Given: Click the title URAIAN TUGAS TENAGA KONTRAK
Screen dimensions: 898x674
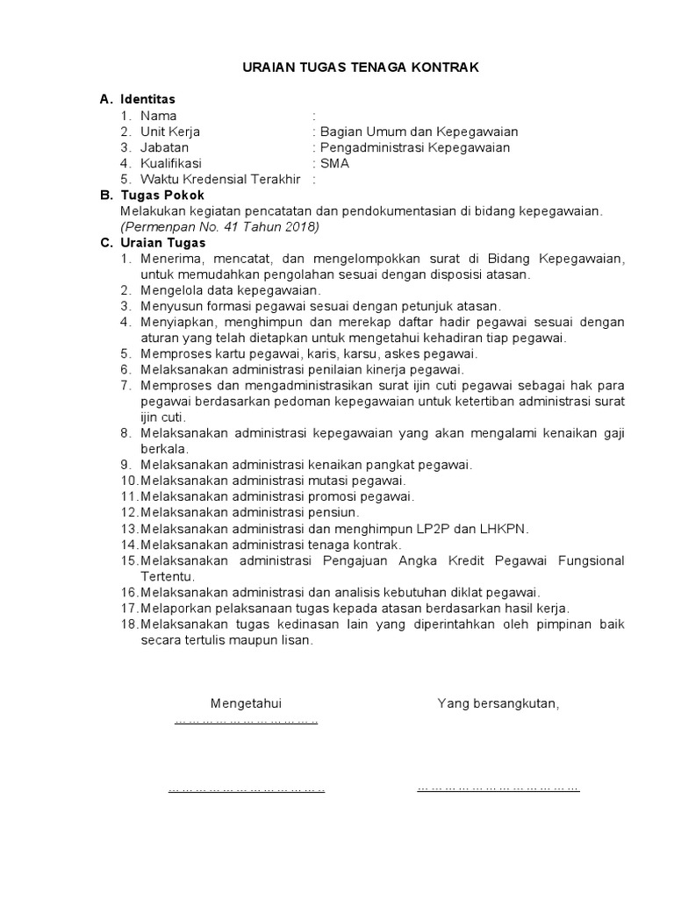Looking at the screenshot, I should [361, 68].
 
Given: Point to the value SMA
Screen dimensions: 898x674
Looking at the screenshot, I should [333, 163].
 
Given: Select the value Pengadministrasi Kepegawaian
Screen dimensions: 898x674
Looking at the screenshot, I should [415, 147].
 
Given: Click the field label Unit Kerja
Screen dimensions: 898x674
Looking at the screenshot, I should [170, 132].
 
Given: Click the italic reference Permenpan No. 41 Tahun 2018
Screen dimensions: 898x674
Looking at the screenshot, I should [221, 226].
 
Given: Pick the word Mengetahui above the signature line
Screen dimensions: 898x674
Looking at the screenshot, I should [246, 703].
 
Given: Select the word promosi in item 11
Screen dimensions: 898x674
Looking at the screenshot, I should [339, 496].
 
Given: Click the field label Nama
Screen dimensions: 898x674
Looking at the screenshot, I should [159, 116].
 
